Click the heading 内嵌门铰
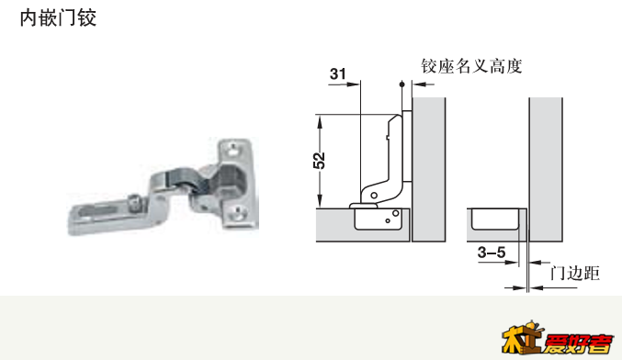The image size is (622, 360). (58, 18)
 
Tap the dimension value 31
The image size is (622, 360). (337, 73)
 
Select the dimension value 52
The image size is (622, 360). (319, 160)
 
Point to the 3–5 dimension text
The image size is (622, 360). (492, 253)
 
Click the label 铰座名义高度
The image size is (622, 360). (471, 66)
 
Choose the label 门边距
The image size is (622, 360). (574, 273)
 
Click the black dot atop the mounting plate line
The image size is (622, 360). (401, 84)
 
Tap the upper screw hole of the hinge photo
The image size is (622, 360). (232, 151)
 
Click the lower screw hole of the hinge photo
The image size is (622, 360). (238, 215)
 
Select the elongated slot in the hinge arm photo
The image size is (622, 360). (99, 209)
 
